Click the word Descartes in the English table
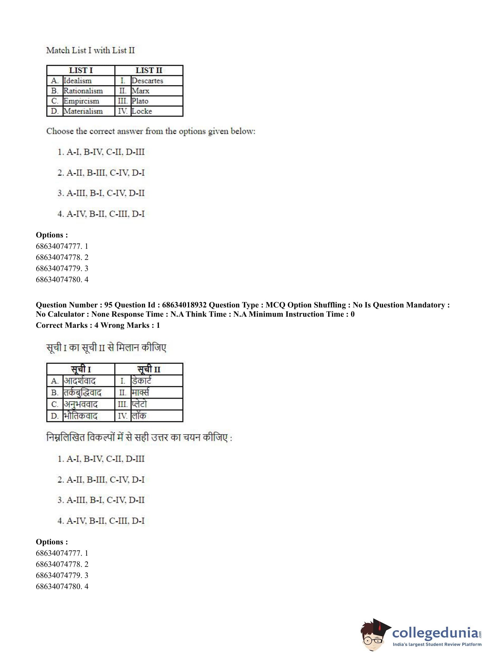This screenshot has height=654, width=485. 147,81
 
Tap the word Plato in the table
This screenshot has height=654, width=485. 140,101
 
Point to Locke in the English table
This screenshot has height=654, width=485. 142,111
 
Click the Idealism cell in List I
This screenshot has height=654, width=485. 77,81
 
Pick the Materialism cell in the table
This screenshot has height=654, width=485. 83,111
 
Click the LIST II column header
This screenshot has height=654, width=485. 149,71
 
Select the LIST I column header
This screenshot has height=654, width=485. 81,71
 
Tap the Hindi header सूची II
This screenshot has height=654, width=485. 149,369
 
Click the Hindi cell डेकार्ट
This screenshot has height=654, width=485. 142,381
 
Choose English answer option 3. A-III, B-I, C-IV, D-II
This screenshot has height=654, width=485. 101,193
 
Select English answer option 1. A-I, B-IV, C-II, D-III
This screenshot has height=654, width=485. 101,152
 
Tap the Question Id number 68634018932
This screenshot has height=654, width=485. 184,305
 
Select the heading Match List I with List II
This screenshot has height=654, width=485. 90,50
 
